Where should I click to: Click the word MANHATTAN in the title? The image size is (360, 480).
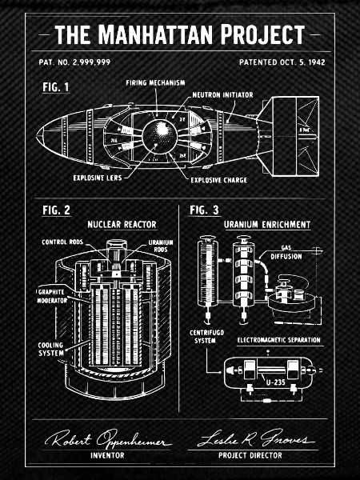pyautogui.click(x=155, y=34)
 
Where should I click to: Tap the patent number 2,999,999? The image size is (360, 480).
pyautogui.click(x=91, y=62)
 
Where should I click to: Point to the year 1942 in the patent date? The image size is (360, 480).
pyautogui.click(x=317, y=62)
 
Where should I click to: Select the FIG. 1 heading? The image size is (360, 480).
pyautogui.click(x=56, y=87)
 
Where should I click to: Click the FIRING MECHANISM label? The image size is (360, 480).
pyautogui.click(x=155, y=82)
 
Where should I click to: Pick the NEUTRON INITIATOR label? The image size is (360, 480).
pyautogui.click(x=223, y=95)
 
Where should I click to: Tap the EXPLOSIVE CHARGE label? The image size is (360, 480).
pyautogui.click(x=218, y=180)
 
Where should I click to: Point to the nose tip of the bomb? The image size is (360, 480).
pyautogui.click(x=37, y=136)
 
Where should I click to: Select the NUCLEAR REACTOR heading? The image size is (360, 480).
pyautogui.click(x=122, y=224)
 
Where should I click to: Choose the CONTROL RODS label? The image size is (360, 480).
pyautogui.click(x=62, y=242)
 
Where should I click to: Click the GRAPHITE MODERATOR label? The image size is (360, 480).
pyautogui.click(x=52, y=296)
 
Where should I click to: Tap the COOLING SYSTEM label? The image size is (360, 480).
pyautogui.click(x=51, y=349)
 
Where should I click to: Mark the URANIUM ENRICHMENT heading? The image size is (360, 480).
pyautogui.click(x=267, y=225)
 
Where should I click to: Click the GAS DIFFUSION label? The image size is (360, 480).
pyautogui.click(x=286, y=253)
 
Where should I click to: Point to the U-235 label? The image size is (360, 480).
pyautogui.click(x=275, y=382)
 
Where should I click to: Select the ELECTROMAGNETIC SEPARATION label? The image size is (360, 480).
pyautogui.click(x=279, y=340)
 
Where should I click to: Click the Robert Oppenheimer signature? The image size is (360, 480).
pyautogui.click(x=107, y=439)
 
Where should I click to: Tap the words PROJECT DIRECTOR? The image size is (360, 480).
pyautogui.click(x=250, y=455)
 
